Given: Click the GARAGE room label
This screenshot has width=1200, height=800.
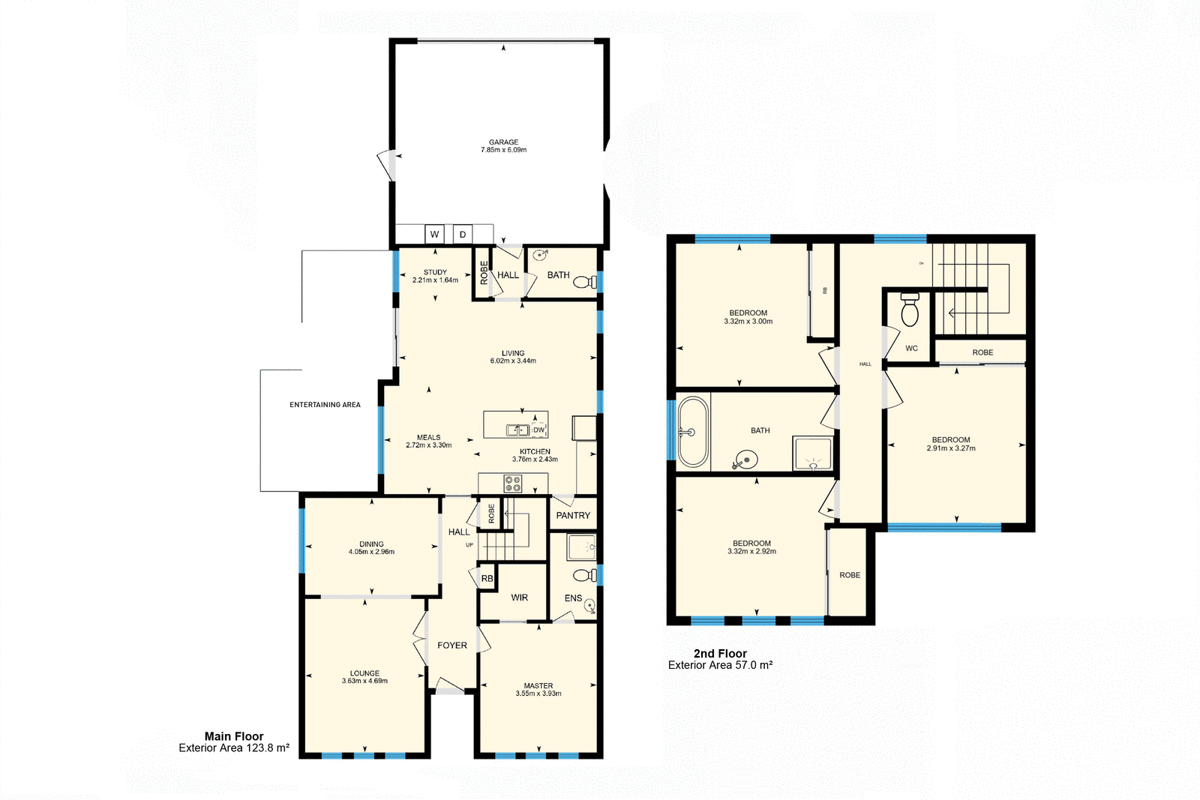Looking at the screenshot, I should [x=503, y=142].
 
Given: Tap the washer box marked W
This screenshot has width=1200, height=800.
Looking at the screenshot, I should [x=434, y=235].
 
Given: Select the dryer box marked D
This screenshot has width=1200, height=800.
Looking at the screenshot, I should [x=463, y=235].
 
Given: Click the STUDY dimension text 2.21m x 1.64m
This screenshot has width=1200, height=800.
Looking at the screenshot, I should [x=435, y=280].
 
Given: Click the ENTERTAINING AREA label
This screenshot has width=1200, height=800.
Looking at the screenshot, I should [x=325, y=405].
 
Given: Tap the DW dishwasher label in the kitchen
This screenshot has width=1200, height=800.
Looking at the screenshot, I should [x=538, y=430].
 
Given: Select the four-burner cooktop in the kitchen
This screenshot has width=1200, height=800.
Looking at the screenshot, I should [x=512, y=484].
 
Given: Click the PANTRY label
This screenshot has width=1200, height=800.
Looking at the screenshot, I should [x=573, y=516].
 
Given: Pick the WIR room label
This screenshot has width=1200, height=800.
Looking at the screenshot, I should [x=519, y=598].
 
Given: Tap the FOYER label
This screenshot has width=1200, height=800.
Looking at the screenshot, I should [x=452, y=646].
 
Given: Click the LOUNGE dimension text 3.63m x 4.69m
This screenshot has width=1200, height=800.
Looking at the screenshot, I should [x=364, y=682].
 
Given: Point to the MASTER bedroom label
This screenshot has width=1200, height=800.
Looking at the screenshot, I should [x=538, y=686].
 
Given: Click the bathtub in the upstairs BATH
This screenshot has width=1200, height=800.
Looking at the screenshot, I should [x=692, y=433].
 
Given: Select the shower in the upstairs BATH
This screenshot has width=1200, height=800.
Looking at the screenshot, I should [x=812, y=454].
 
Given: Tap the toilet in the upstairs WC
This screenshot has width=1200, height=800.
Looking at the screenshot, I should [x=910, y=310].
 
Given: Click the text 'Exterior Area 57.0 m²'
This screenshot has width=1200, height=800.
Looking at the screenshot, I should [x=720, y=665].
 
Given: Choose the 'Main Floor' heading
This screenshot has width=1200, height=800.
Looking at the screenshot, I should [x=234, y=736].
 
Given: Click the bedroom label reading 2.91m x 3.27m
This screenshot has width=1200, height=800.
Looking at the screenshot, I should [x=951, y=448].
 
